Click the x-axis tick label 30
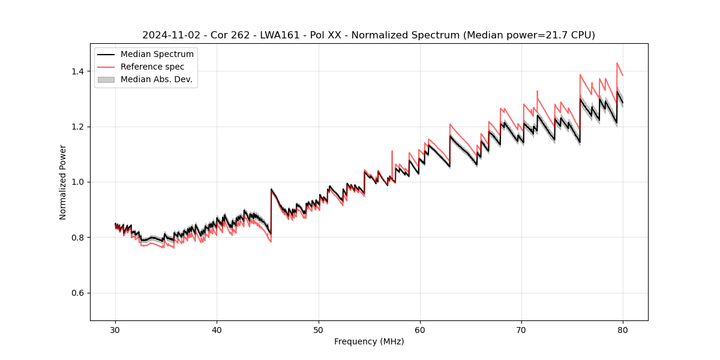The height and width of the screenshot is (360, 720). pos(115,329)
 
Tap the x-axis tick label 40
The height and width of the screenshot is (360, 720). pos(217,329)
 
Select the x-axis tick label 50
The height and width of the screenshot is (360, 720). pos(318,329)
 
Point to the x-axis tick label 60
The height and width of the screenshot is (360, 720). pos(420,329)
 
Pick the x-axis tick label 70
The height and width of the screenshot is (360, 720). pos(521,329)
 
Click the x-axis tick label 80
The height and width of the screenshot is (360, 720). pos(623,329)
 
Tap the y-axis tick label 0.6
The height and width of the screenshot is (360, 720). pos(78,293)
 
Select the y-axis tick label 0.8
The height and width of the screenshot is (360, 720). pos(78,238)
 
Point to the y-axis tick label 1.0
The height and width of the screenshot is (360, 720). pos(78,182)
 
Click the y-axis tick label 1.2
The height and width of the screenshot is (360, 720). pos(78,127)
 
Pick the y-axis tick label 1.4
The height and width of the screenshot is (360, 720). pos(78,71)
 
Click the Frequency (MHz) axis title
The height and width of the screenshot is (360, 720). pos(369,341)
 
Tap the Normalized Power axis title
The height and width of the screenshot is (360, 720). pos(63,182)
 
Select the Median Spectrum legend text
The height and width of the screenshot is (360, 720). pos(157,55)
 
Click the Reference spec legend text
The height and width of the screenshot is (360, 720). pos(152,67)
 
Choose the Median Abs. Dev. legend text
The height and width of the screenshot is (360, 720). pos(157,79)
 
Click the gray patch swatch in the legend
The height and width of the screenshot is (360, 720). pos(106,79)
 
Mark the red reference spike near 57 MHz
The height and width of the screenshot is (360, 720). pos(392,152)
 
